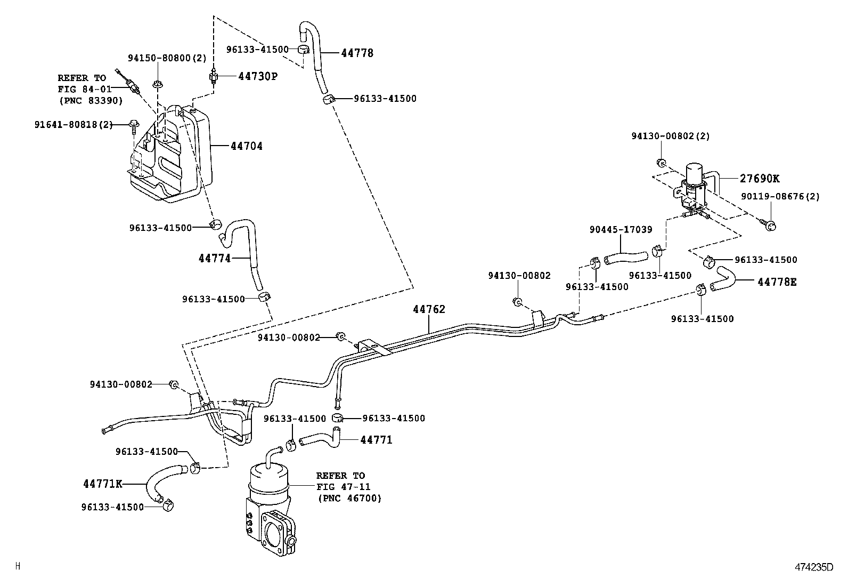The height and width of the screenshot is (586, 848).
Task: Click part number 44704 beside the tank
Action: pyautogui.click(x=246, y=146)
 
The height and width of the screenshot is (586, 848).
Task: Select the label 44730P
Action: pyautogui.click(x=257, y=76)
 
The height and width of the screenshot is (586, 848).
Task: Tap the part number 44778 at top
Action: pyautogui.click(x=357, y=53)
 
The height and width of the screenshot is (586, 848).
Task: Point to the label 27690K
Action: pyautogui.click(x=759, y=179)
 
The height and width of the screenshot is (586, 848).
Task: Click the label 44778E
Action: pyautogui.click(x=777, y=282)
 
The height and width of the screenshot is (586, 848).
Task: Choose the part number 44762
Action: pyautogui.click(x=429, y=309)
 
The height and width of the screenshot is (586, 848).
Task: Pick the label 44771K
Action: pyautogui.click(x=103, y=484)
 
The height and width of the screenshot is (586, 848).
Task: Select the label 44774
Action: pyautogui.click(x=215, y=258)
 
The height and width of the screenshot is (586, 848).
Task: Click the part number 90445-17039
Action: pyautogui.click(x=621, y=229)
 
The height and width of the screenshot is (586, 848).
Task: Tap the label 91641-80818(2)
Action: pyautogui.click(x=74, y=124)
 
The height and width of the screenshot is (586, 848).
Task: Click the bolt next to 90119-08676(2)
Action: pyautogui.click(x=769, y=224)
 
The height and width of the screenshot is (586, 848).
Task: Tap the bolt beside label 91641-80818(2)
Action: pyautogui.click(x=133, y=126)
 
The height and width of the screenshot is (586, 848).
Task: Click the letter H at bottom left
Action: pyautogui.click(x=18, y=566)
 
